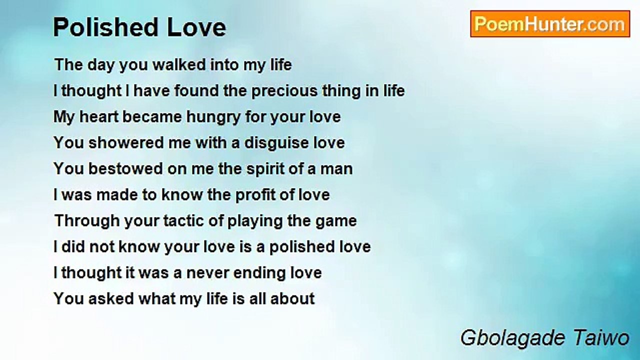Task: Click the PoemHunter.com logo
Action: tap(550, 24)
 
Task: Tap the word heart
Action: tap(98, 117)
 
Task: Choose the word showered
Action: tap(125, 142)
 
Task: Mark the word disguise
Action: tap(276, 143)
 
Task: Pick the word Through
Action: tap(87, 221)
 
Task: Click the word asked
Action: tap(111, 298)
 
